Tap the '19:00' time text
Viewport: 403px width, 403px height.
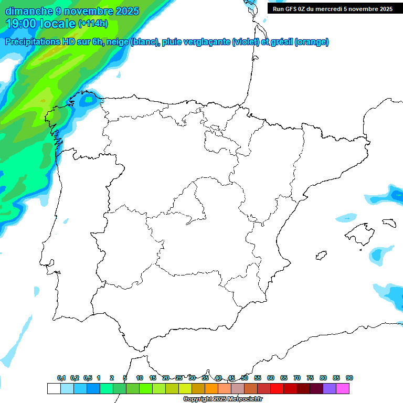pos(22,24)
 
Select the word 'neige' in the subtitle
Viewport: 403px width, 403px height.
pos(116,42)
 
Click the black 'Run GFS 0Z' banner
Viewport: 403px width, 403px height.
pos(332,8)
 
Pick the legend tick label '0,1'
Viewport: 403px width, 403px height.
pos(61,378)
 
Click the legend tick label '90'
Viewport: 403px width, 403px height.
pos(349,378)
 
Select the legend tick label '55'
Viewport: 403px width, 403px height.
pos(258,378)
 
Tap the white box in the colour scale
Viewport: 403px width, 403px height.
pos(54,388)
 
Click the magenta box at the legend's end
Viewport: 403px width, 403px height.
pos(343,388)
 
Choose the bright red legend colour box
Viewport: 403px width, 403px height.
pos(277,388)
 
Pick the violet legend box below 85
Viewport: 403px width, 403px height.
pos(330,388)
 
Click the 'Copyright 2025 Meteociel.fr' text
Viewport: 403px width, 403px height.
pos(223,399)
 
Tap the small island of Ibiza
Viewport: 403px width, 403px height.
pos(321,256)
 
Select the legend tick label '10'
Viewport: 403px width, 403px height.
pos(140,378)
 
